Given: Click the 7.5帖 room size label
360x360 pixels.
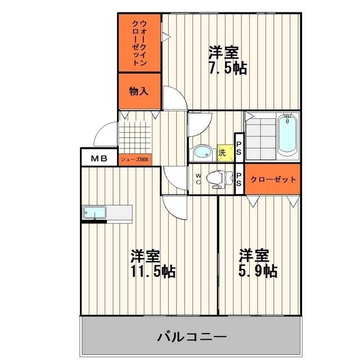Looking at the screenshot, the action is pos(228,68).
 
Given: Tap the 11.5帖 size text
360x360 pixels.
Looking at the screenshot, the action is pos(153,271).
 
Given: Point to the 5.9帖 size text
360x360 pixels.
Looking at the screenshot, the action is pos(258,271).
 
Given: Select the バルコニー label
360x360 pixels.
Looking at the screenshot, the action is pos(192,337).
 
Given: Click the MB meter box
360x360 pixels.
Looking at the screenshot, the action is pos(99,159).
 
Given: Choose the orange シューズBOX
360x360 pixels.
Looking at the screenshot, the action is pos(135,160).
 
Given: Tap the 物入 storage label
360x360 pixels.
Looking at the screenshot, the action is pos(139,91).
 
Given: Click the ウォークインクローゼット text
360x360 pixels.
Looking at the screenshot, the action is pos(139,43).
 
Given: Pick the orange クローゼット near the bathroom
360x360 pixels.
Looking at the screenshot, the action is pos(272,179).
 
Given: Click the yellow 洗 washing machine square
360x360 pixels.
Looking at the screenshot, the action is pos(225,152).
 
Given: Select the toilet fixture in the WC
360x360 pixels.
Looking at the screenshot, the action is pos(219,179).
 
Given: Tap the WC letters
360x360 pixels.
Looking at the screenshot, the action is pos(199,179).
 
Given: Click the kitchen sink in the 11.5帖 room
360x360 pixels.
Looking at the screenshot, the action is pos(94,213).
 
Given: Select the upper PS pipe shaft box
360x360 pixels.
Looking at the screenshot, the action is pos(238,148).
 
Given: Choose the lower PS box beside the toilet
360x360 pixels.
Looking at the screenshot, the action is pos(238,179).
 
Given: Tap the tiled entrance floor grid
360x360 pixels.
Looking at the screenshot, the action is pos(135,137).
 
